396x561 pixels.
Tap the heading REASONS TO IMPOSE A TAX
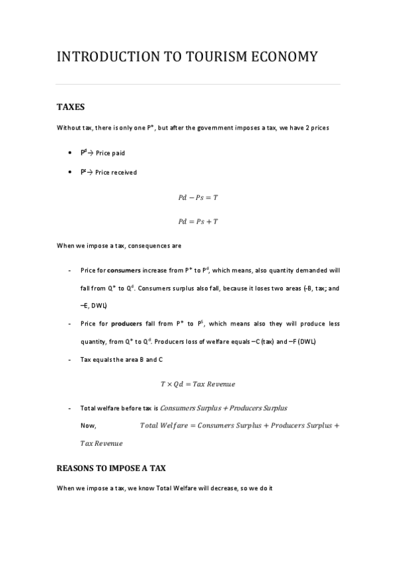click(110, 468)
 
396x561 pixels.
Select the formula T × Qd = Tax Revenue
click(198, 384)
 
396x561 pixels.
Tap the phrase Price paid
click(110, 153)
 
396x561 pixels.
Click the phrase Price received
click(116, 173)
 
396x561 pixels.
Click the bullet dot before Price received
click(71, 173)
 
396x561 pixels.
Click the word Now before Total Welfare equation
click(88, 425)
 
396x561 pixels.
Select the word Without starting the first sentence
click(68, 128)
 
